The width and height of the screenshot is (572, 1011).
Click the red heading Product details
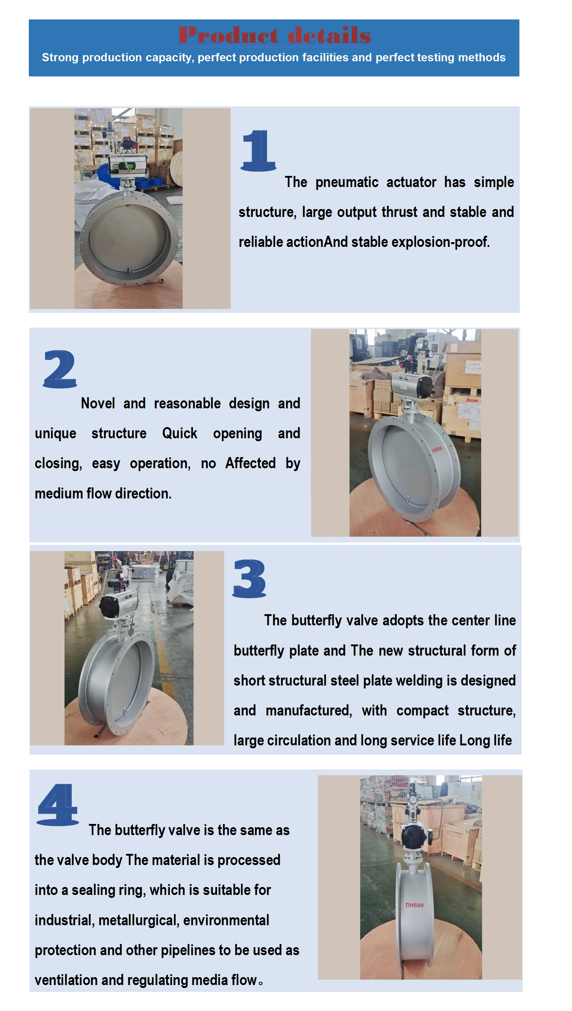pos(274,35)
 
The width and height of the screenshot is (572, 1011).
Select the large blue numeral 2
pos(60,369)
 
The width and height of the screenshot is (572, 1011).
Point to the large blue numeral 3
pos(249,578)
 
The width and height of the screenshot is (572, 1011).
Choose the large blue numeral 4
pos(57,805)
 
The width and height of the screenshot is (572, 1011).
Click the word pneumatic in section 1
pos(346,183)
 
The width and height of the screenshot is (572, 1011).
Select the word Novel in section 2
pos(98,403)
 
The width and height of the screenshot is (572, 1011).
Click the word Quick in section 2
pos(179,433)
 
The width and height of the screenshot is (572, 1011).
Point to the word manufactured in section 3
pos(309,710)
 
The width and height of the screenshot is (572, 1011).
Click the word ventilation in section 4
pos(66,980)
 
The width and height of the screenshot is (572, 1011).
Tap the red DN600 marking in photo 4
pos(414,905)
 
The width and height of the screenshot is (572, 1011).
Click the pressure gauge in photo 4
pos(412,799)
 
